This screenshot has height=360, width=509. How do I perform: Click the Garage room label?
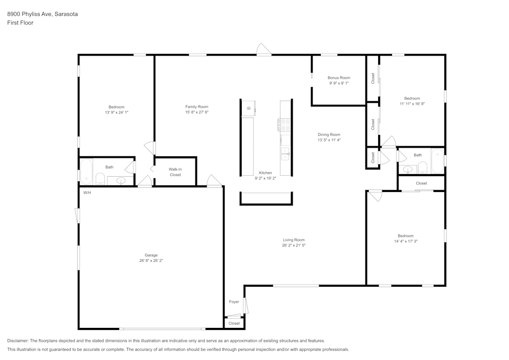(x=151, y=255)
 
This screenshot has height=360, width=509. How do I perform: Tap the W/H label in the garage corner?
(x=87, y=192)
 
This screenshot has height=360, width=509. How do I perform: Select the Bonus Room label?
(x=338, y=78)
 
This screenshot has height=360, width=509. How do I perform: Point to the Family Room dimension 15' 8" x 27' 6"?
(x=196, y=112)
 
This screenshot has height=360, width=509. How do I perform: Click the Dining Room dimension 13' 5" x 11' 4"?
(x=328, y=140)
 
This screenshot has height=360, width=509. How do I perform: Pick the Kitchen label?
(x=265, y=173)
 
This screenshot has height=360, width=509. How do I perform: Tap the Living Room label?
(x=294, y=240)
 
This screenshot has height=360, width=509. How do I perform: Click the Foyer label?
(x=234, y=302)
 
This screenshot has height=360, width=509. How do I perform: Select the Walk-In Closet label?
(x=175, y=172)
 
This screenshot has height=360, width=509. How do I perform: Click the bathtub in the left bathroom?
(x=87, y=172)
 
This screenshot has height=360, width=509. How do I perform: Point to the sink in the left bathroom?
(x=121, y=180)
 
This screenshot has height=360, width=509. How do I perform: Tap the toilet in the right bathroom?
(x=422, y=168)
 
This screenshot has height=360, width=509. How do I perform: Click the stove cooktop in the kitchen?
(x=284, y=125)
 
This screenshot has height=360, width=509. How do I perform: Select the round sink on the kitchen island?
(x=248, y=108)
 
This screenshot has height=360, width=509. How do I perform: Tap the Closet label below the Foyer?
(x=234, y=323)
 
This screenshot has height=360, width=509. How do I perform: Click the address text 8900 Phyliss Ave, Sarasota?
(x=42, y=15)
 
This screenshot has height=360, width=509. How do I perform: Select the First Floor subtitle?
(x=20, y=23)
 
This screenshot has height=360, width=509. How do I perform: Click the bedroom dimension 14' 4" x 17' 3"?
(x=406, y=241)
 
